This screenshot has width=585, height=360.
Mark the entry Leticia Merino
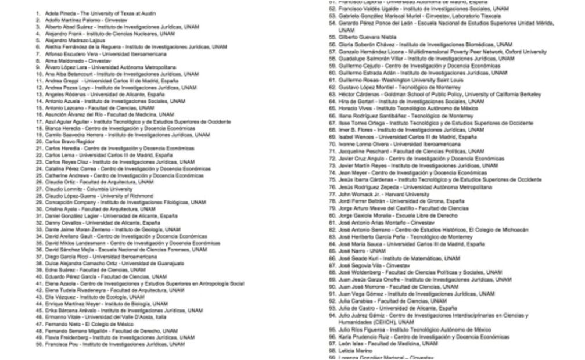tap(355, 351)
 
